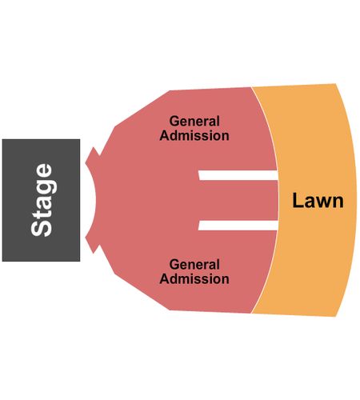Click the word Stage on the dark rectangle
click(42, 200)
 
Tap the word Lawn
click(318, 201)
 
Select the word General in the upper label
click(194, 122)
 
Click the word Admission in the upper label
click(194, 135)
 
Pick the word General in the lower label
click(194, 265)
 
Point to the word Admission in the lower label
click(194, 278)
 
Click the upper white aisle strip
click(238, 175)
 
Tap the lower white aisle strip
click(238, 226)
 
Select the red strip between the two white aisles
click(238, 200)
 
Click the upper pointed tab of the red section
click(93, 156)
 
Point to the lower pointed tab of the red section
click(93, 244)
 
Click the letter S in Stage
click(42, 228)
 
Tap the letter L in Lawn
click(297, 201)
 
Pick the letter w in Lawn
click(322, 202)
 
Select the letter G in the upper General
click(174, 121)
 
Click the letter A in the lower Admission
click(165, 278)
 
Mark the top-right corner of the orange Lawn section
click(335, 84)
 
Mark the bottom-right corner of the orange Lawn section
click(335, 317)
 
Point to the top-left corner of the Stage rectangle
click(2, 139)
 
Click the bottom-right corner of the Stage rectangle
click(80, 261)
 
